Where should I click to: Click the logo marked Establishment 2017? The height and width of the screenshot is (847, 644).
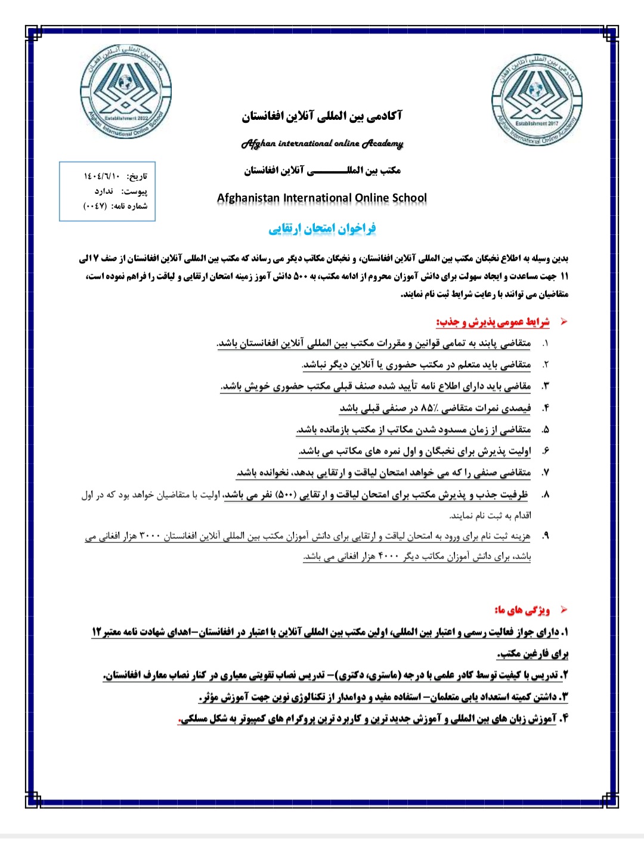[537, 100]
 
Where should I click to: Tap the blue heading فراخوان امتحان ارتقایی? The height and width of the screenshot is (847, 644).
[322, 228]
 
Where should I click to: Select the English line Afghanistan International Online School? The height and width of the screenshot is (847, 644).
[322, 198]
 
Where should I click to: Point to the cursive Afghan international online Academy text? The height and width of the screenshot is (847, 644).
[322, 144]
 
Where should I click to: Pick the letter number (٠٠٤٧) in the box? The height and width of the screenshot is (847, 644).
[94, 206]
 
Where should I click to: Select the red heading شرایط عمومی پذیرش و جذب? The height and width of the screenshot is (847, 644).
[493, 323]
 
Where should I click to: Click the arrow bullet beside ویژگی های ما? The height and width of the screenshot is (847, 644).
[563, 610]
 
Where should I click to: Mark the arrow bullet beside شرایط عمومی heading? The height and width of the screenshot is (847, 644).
[563, 322]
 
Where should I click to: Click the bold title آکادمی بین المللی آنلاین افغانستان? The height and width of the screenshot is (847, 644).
[322, 116]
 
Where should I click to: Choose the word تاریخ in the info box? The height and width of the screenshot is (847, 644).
[137, 177]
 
